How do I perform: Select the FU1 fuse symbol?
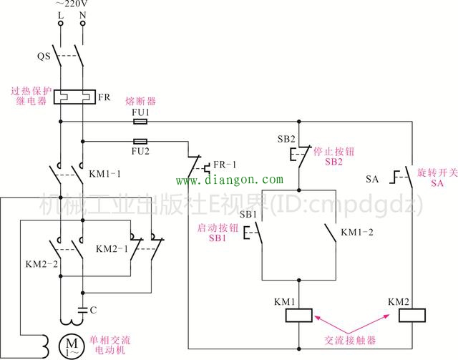(x=142, y=121)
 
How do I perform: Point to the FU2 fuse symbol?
(x=142, y=141)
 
